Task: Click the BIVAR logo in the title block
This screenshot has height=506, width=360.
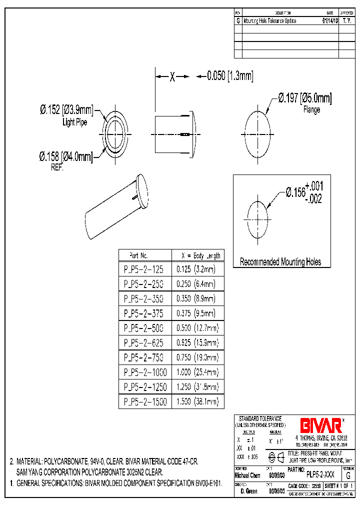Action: pos(320,425)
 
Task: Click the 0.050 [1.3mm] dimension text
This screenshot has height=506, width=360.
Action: pos(230,76)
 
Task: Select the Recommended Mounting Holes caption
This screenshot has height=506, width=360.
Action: pos(280,261)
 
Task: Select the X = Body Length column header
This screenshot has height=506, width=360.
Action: pos(197,255)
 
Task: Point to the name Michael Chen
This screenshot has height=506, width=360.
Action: pos(247,475)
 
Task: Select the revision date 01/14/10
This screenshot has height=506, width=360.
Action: pos(329,21)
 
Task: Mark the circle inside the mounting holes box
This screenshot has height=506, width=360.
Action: pos(257,219)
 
